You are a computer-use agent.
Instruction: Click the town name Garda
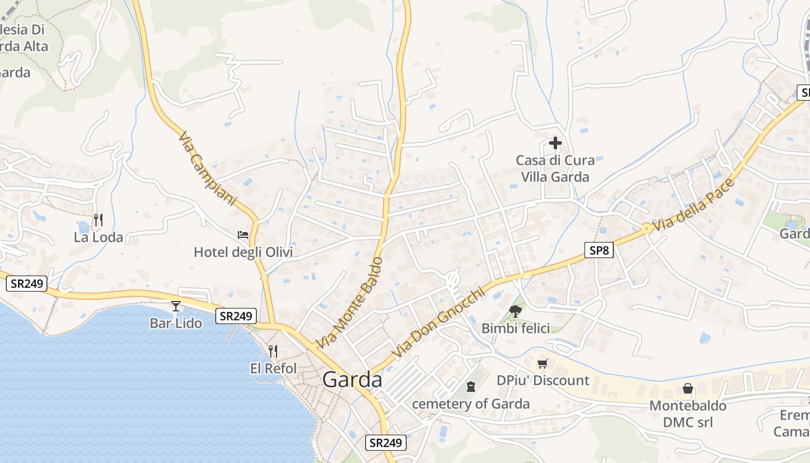352,380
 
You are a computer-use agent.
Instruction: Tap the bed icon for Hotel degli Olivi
243,235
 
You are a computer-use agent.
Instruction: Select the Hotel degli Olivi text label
243,252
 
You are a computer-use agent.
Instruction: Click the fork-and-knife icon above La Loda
98,220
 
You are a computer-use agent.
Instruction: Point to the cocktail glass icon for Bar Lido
176,306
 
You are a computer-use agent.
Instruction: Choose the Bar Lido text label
176,323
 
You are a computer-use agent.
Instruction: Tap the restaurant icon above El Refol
273,351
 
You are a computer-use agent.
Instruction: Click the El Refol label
273,368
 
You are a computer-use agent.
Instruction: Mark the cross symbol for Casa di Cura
555,142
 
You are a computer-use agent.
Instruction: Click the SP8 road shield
598,250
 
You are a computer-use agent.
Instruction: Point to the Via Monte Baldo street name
349,303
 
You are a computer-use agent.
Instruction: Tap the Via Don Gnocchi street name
437,323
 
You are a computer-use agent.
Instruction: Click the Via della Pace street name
693,205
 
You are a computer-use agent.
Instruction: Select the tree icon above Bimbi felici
515,311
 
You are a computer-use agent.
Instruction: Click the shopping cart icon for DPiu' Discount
542,363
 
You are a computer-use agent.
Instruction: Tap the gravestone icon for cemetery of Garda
471,386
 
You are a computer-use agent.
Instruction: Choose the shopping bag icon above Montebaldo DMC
688,388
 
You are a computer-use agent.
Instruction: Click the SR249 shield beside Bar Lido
237,316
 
